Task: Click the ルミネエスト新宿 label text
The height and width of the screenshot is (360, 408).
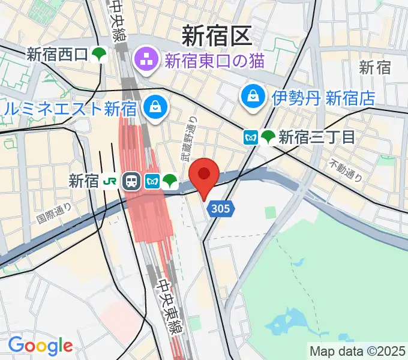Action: (70, 109)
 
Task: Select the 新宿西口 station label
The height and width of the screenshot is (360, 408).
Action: (57, 55)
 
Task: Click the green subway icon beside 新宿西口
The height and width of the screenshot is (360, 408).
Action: (98, 55)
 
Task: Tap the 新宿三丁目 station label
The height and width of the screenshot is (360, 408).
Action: (317, 137)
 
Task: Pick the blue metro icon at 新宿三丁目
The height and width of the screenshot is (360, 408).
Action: (251, 137)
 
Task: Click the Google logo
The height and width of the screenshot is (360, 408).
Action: (40, 345)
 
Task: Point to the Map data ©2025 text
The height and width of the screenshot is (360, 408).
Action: (358, 351)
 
